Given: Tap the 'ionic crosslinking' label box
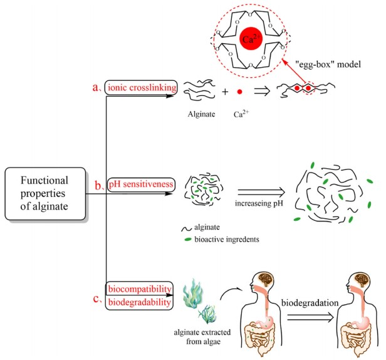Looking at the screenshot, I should pyautogui.click(x=141, y=88).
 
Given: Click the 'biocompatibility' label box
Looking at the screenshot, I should pyautogui.click(x=140, y=289).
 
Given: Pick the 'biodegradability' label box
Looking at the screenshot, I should pyautogui.click(x=140, y=302).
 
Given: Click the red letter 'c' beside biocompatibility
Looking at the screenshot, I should pyautogui.click(x=96, y=297).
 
